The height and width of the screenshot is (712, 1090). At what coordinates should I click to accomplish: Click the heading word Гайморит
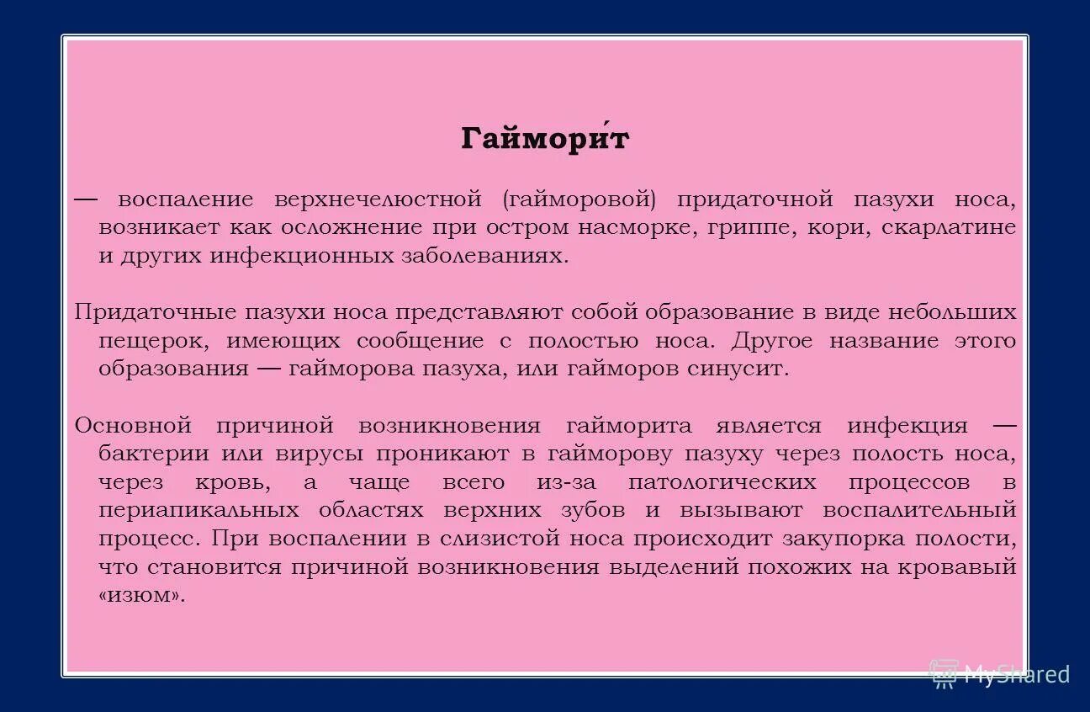(544, 139)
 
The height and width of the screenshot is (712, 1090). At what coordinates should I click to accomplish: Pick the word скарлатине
(949, 228)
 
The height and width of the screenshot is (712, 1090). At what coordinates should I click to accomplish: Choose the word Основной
(134, 426)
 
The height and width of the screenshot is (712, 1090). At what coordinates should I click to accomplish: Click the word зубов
(593, 511)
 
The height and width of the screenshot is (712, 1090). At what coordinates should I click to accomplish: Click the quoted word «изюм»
(140, 596)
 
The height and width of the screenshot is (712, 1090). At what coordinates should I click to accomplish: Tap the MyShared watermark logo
(999, 672)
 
